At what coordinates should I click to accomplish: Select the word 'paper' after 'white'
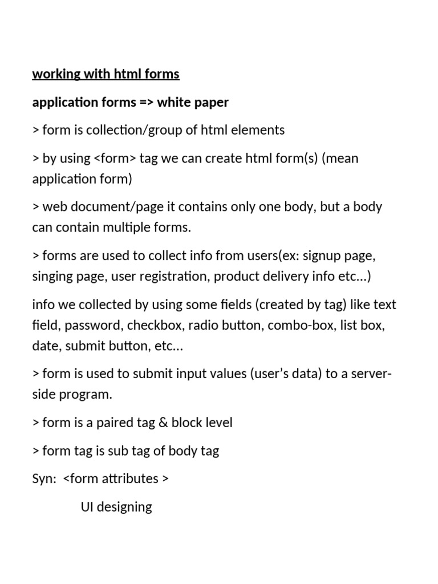pyautogui.click(x=211, y=102)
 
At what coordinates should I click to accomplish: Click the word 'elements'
pyautogui.click(x=261, y=130)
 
